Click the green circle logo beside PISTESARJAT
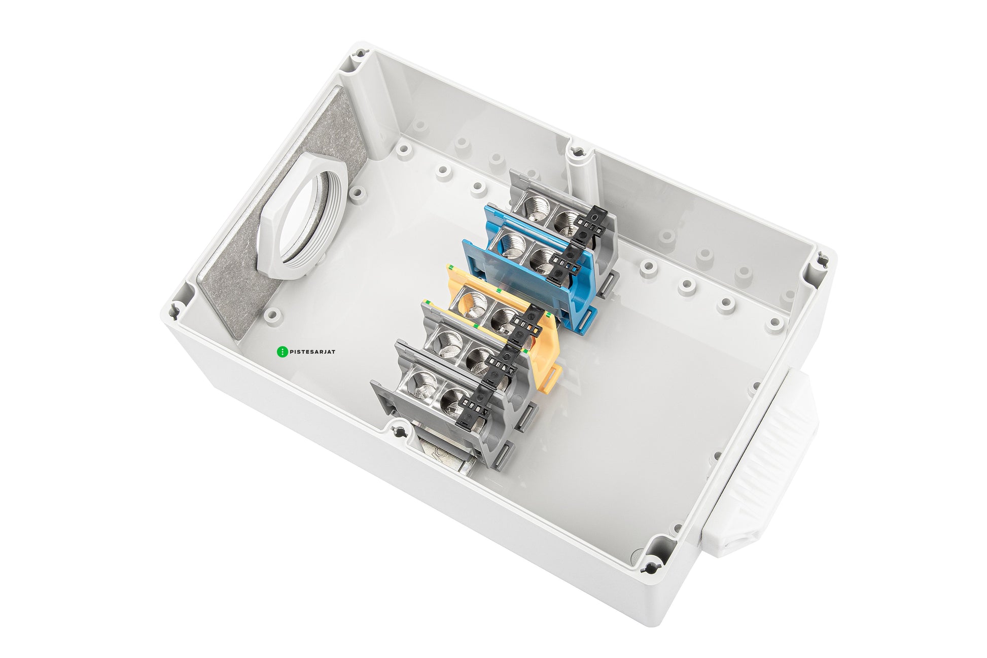coord(282,351)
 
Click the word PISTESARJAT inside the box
coord(312,351)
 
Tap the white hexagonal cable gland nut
coord(302,217)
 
